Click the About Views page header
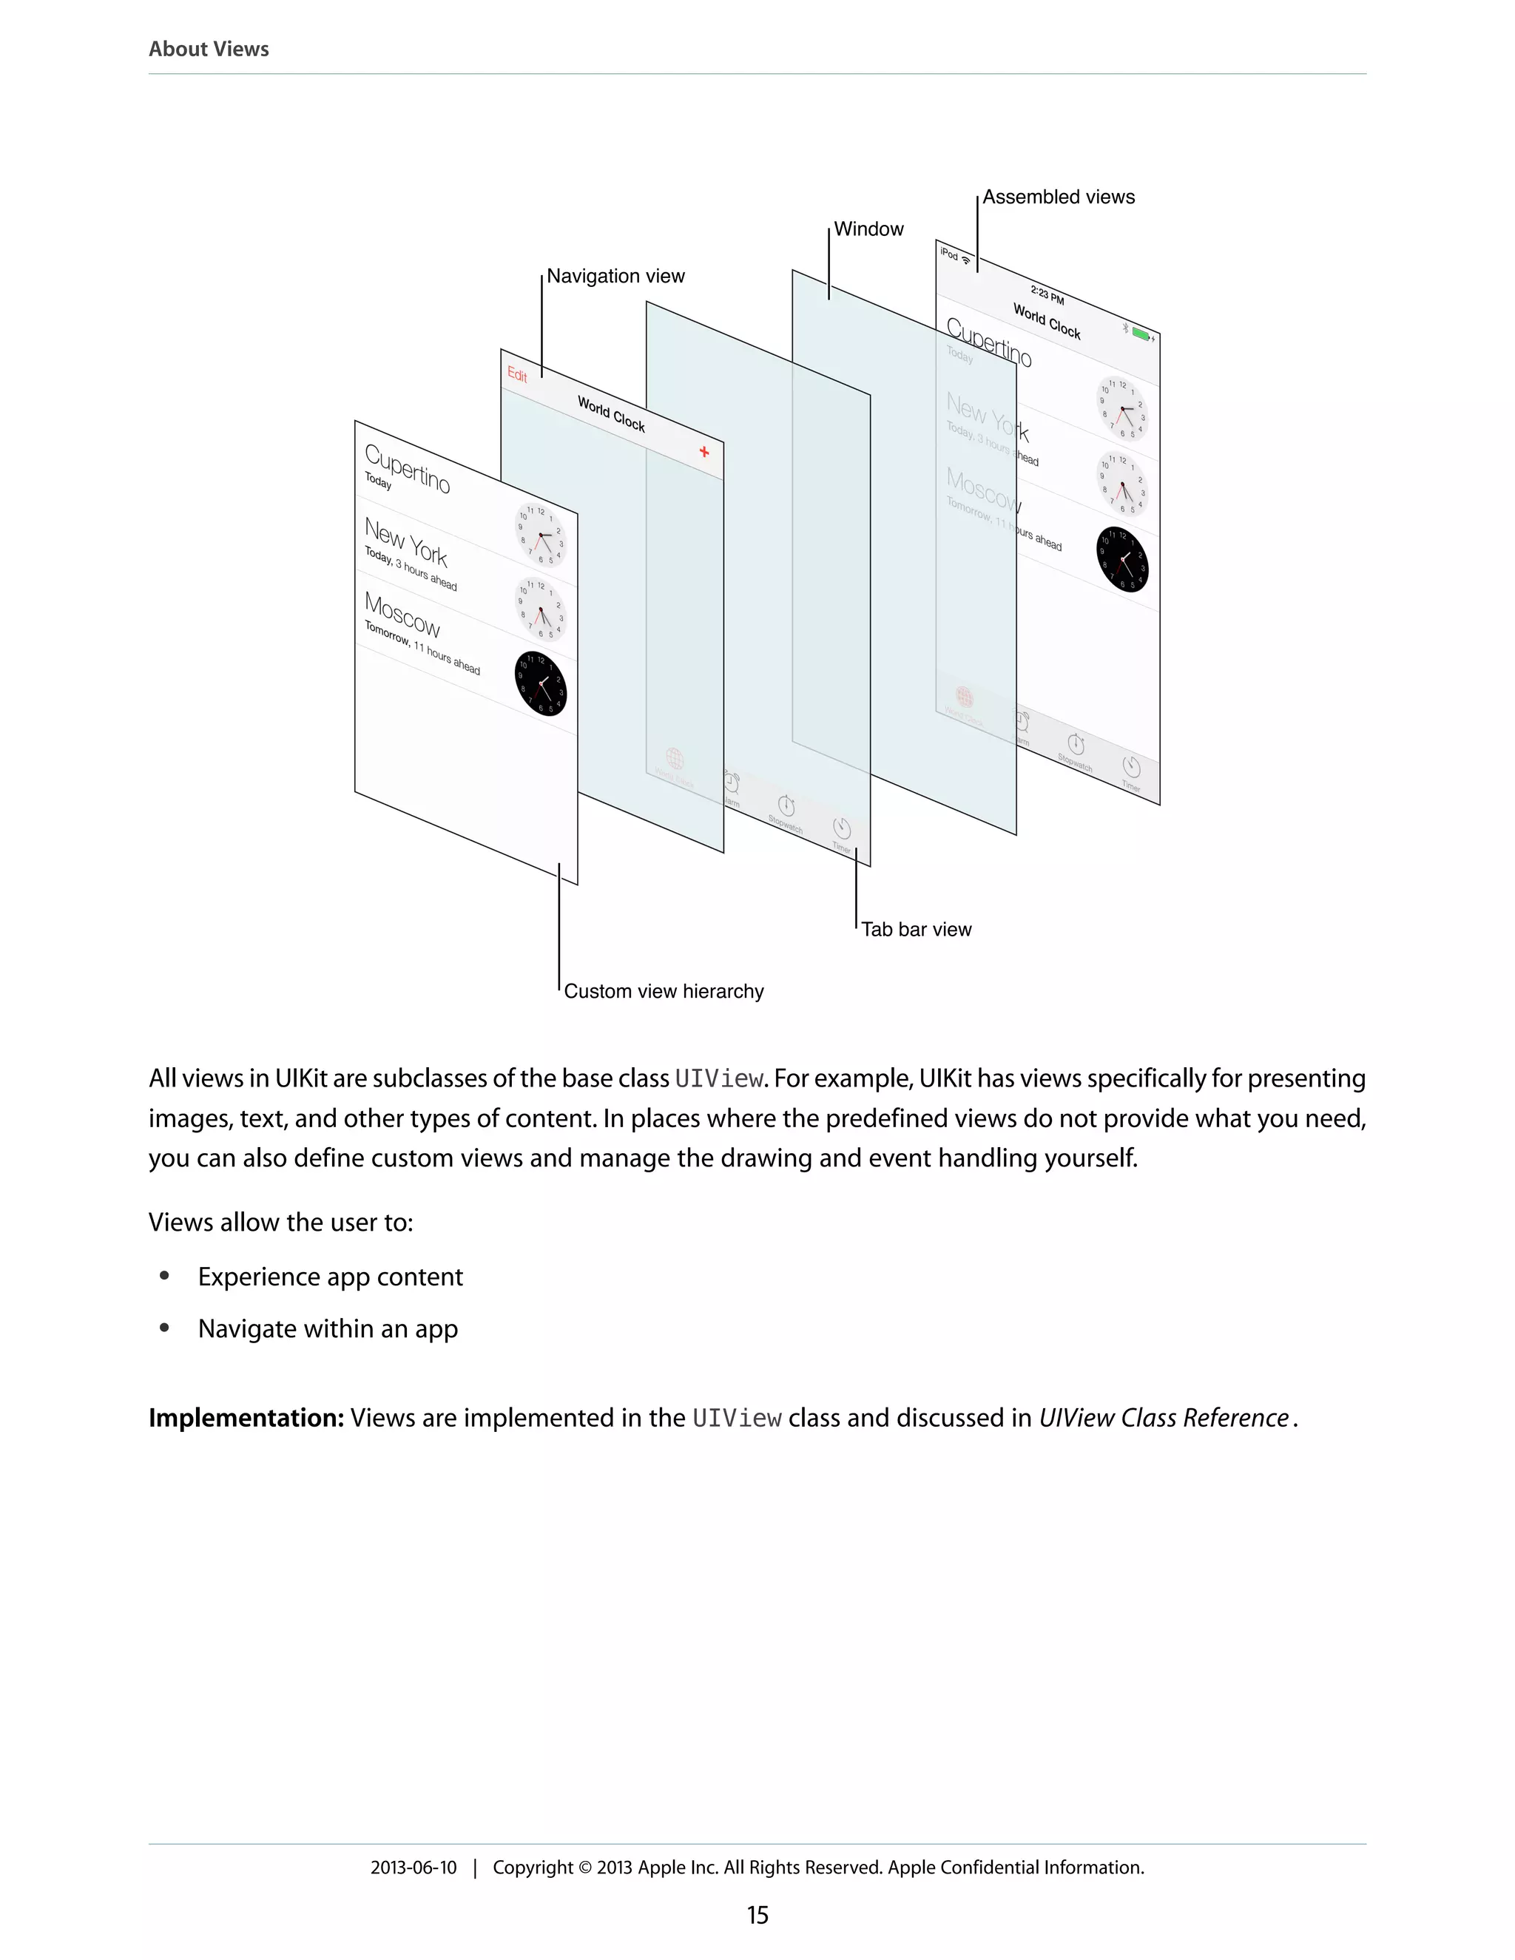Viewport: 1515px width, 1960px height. click(x=208, y=49)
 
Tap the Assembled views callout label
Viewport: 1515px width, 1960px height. click(x=1057, y=197)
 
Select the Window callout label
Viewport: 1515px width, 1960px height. click(x=868, y=229)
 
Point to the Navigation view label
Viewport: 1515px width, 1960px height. click(x=615, y=276)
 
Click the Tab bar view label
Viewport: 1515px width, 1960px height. click(x=916, y=929)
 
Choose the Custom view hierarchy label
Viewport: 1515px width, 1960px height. click(x=664, y=991)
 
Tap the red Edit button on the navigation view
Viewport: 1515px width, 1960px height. click(x=517, y=374)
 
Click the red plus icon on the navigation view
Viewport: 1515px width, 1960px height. click(x=704, y=451)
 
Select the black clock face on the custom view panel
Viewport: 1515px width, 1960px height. click(x=540, y=684)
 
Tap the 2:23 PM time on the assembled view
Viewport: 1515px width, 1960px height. click(x=1047, y=294)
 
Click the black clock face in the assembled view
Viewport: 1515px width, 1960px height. click(x=1122, y=559)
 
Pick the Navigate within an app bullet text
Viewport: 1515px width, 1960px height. click(x=328, y=1328)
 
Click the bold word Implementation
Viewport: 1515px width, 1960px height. click(x=246, y=1418)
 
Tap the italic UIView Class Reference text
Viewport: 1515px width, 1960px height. click(x=1163, y=1418)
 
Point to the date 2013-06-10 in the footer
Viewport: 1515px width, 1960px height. click(x=413, y=1868)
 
